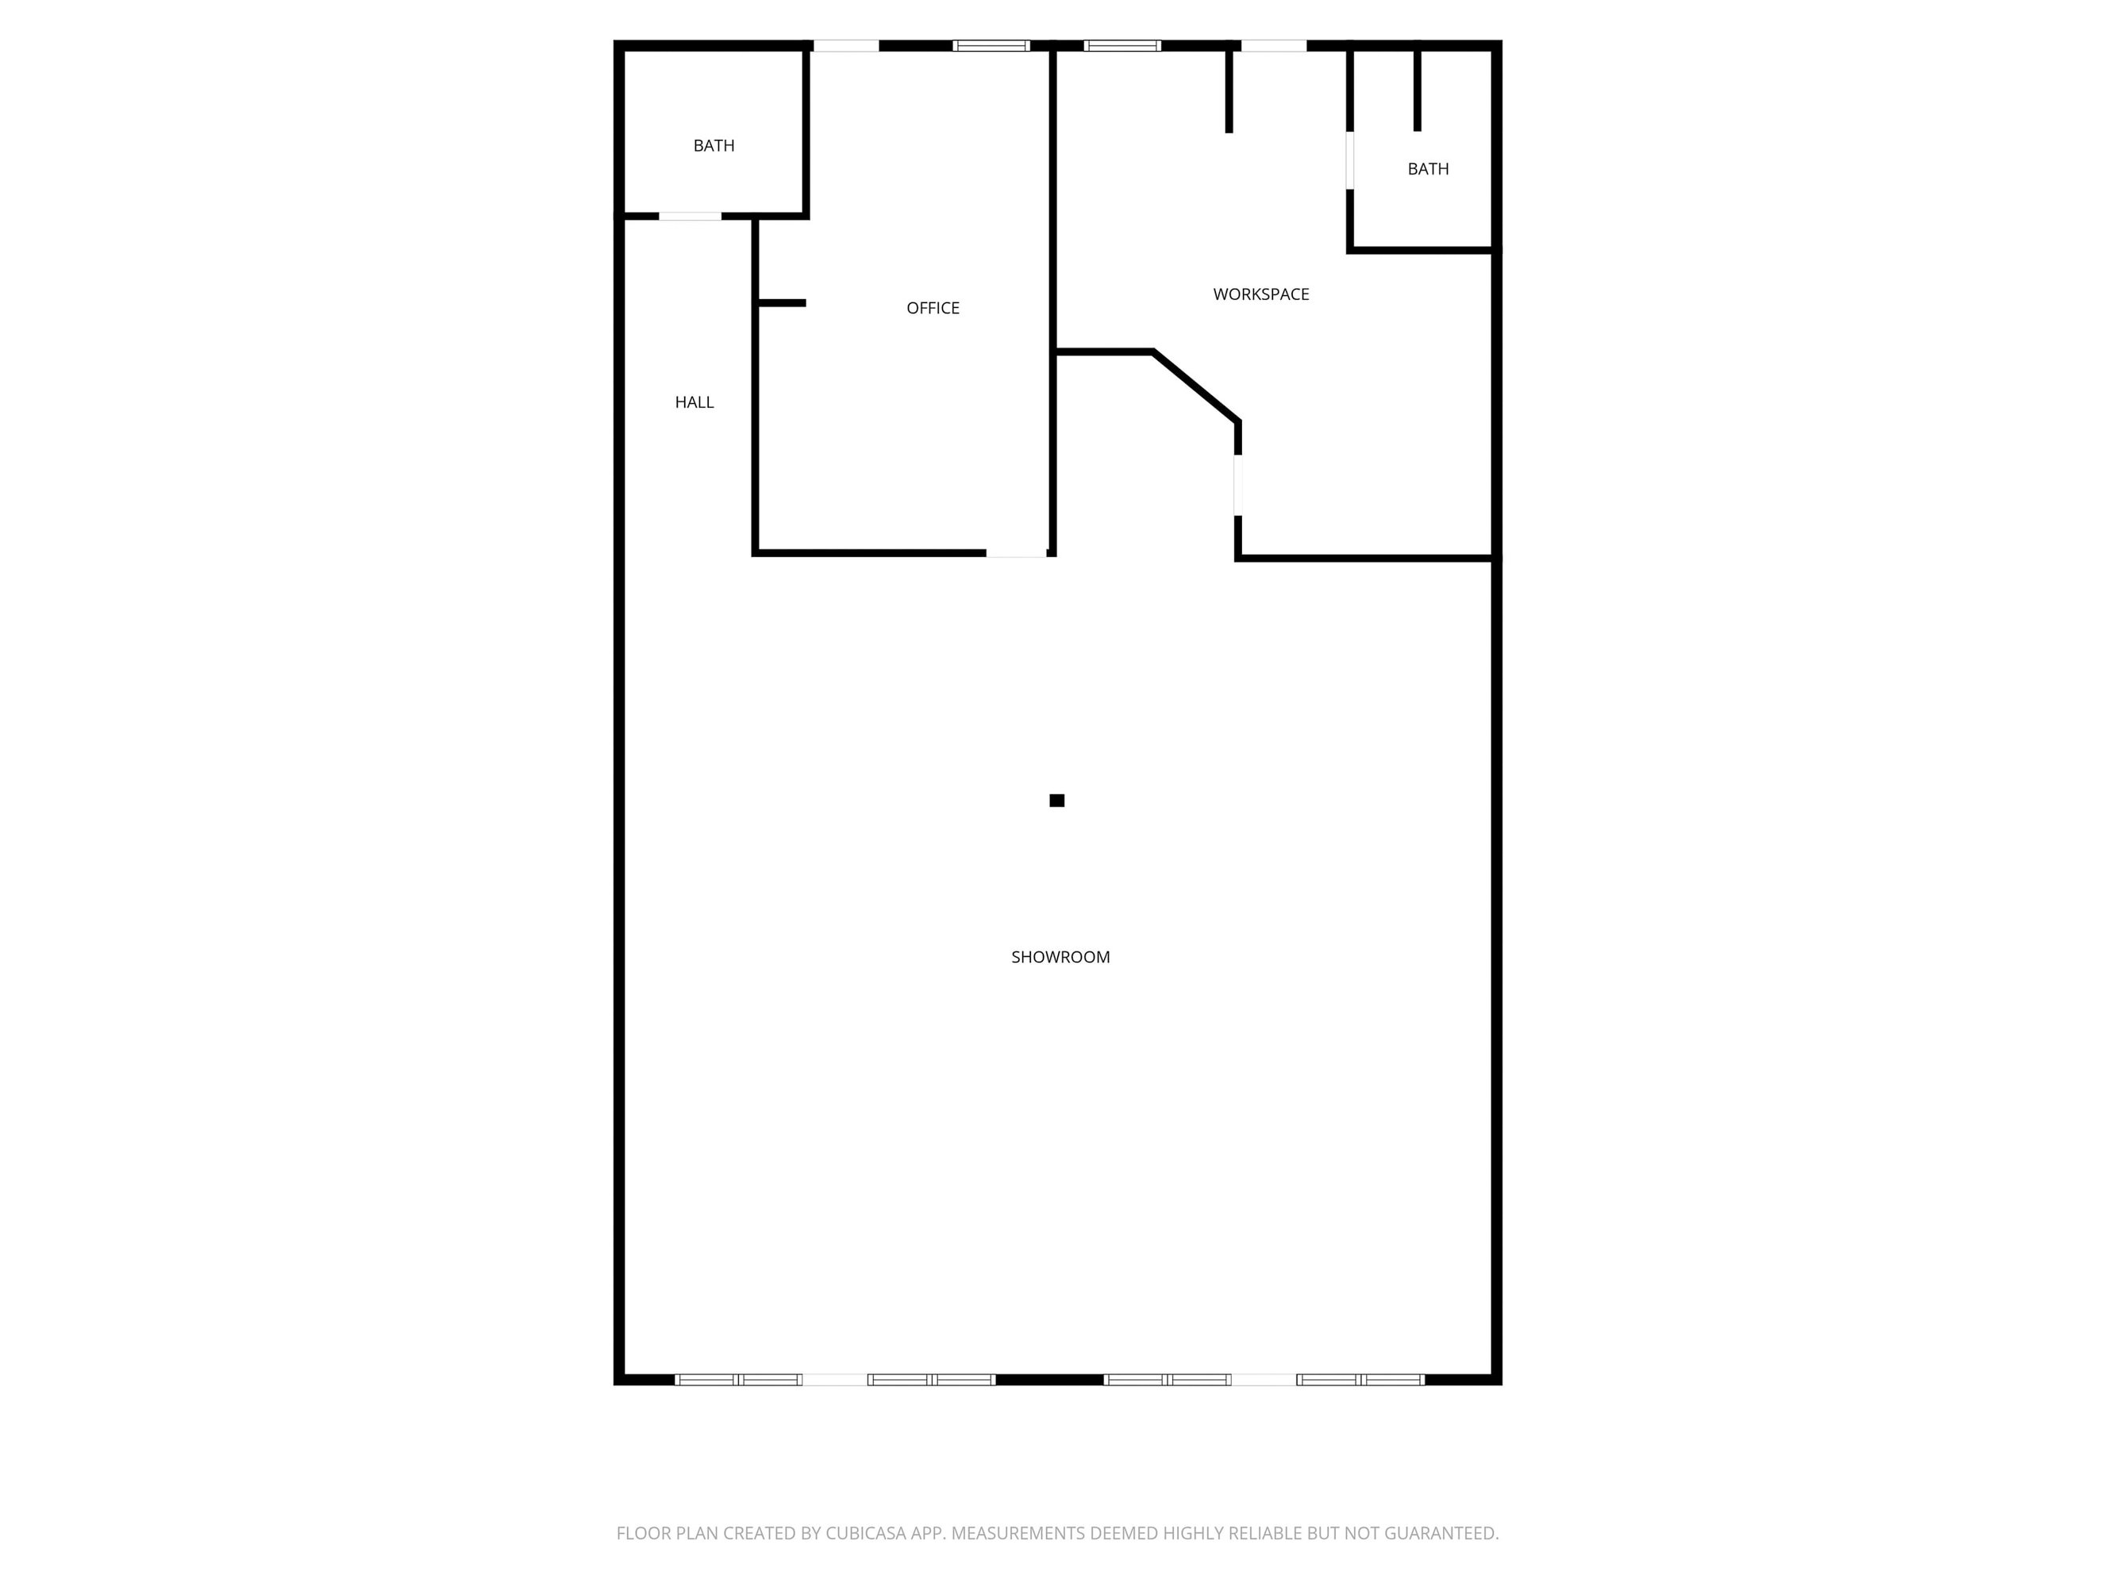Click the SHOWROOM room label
[1060, 957]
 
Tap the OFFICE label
[933, 308]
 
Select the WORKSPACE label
[1261, 294]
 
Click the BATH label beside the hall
[714, 145]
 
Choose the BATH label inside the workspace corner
[1428, 169]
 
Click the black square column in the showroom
[1057, 801]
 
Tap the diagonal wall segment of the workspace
[1197, 386]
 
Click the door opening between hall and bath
[690, 216]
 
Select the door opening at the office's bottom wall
[1016, 553]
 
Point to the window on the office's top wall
[991, 45]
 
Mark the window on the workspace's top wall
[1122, 45]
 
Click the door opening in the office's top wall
[845, 45]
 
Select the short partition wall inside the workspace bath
[1417, 89]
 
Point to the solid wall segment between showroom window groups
[1049, 1379]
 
